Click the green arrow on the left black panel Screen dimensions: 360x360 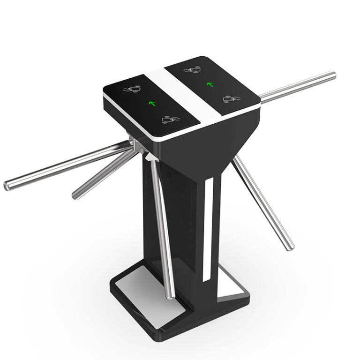tap(152, 103)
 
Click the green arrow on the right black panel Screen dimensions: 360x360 tap(210, 85)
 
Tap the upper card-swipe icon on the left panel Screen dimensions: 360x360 tap(132, 89)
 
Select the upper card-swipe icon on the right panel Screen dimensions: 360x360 tap(192, 70)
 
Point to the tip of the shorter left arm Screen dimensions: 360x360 tap(75, 194)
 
